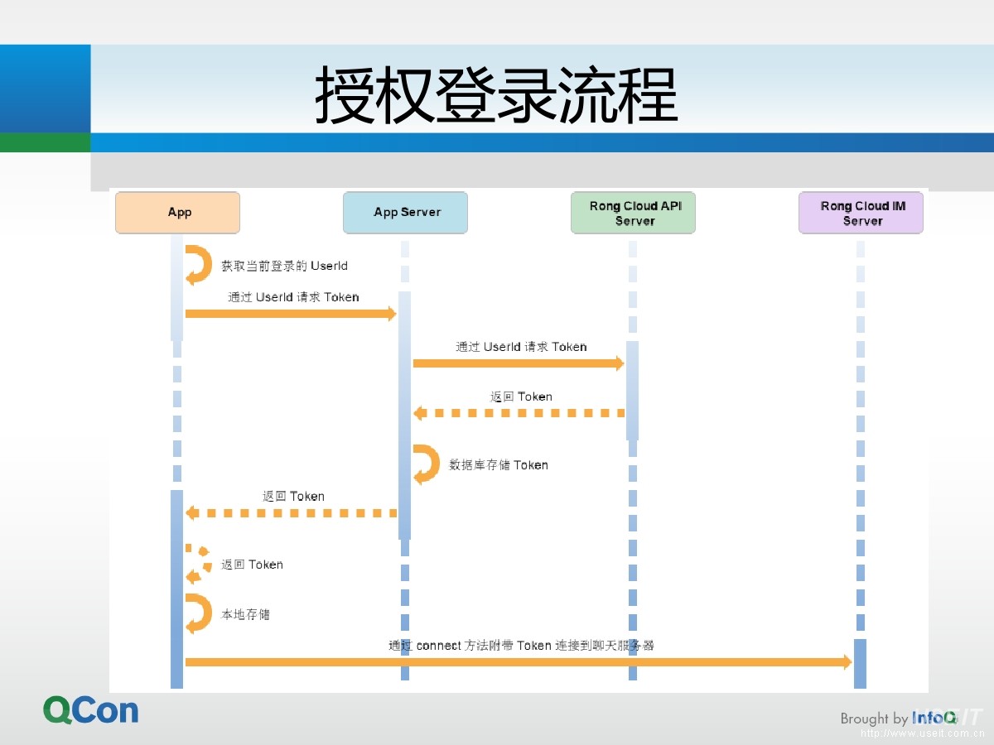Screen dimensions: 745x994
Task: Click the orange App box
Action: pos(177,213)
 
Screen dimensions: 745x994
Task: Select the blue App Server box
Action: pos(405,213)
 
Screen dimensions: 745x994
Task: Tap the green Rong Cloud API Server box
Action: pos(634,213)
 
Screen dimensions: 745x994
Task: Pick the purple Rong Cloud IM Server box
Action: pos(861,213)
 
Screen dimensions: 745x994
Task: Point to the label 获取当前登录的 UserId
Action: pos(284,266)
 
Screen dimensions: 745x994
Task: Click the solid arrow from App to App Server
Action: pos(290,314)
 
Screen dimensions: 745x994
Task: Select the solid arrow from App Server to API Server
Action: pos(518,363)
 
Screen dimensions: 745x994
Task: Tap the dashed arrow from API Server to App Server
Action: pos(518,413)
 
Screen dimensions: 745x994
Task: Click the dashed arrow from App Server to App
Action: pos(290,513)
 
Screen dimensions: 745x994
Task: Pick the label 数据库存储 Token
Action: pos(499,465)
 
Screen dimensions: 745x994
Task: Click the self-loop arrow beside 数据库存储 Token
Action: pos(427,464)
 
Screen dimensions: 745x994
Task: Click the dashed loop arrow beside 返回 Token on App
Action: pos(198,565)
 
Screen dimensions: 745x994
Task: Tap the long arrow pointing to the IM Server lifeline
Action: pos(518,662)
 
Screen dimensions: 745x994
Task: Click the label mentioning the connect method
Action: pos(521,645)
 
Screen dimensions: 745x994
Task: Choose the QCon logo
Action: pos(91,710)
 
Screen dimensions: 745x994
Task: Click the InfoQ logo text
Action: pos(934,717)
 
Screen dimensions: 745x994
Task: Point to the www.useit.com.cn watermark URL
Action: pos(921,733)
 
